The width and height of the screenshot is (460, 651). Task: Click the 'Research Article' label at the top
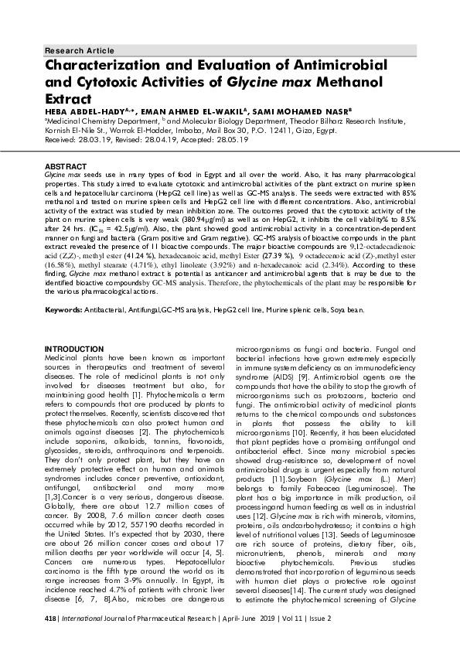(x=69, y=50)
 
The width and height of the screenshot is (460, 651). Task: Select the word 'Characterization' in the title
(x=112, y=66)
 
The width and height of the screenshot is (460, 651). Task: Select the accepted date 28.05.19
(x=233, y=141)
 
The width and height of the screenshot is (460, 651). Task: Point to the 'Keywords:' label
(x=65, y=309)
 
